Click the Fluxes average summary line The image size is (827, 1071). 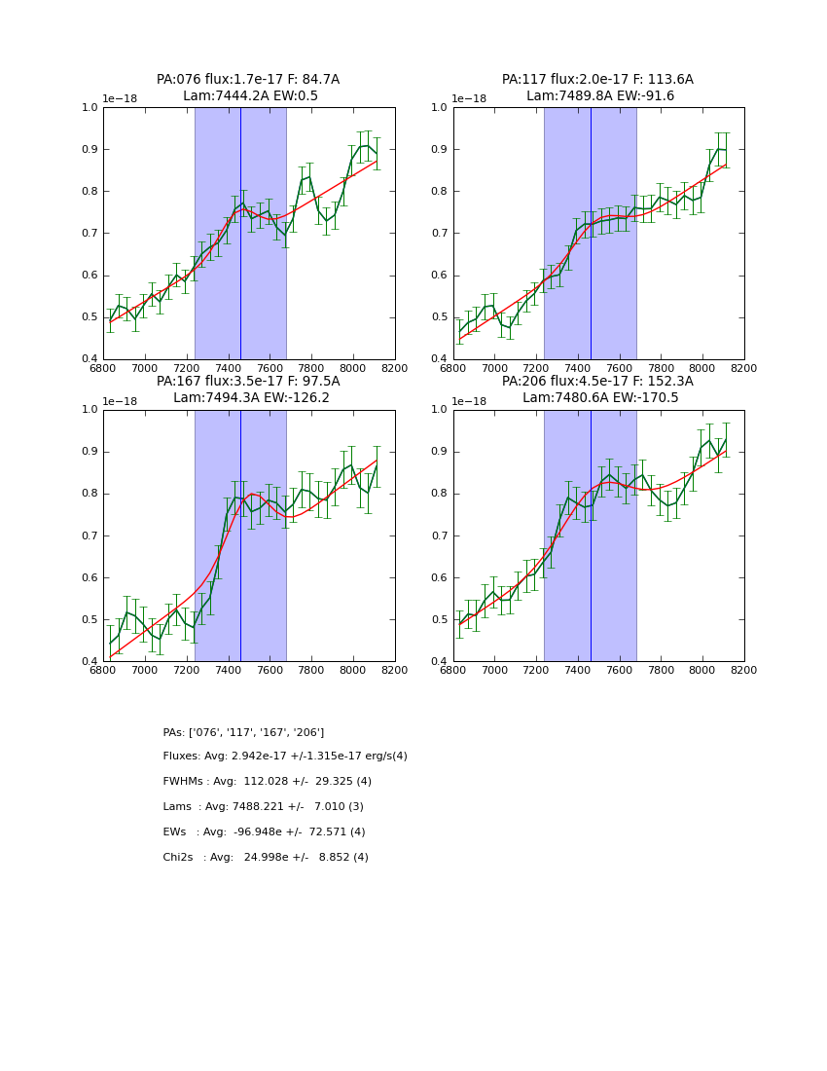pyautogui.click(x=285, y=757)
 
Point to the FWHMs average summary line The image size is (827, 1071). pyautogui.click(x=268, y=782)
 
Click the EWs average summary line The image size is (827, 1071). pyautogui.click(x=265, y=832)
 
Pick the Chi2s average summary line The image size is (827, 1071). pyautogui.click(x=266, y=858)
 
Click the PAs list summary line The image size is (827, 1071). pyautogui.click(x=243, y=732)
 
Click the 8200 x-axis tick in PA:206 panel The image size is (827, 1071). pyautogui.click(x=744, y=670)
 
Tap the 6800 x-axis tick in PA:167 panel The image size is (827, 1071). pyautogui.click(x=103, y=670)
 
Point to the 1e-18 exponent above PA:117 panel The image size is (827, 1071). pyautogui.click(x=469, y=98)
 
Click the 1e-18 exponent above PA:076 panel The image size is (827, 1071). pyautogui.click(x=120, y=98)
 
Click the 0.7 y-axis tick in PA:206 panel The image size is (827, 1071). pyautogui.click(x=440, y=535)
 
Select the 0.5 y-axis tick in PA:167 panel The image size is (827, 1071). pyautogui.click(x=90, y=619)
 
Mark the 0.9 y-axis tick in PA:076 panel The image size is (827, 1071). pyautogui.click(x=90, y=149)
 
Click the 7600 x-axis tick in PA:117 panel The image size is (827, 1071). pyautogui.click(x=619, y=368)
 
